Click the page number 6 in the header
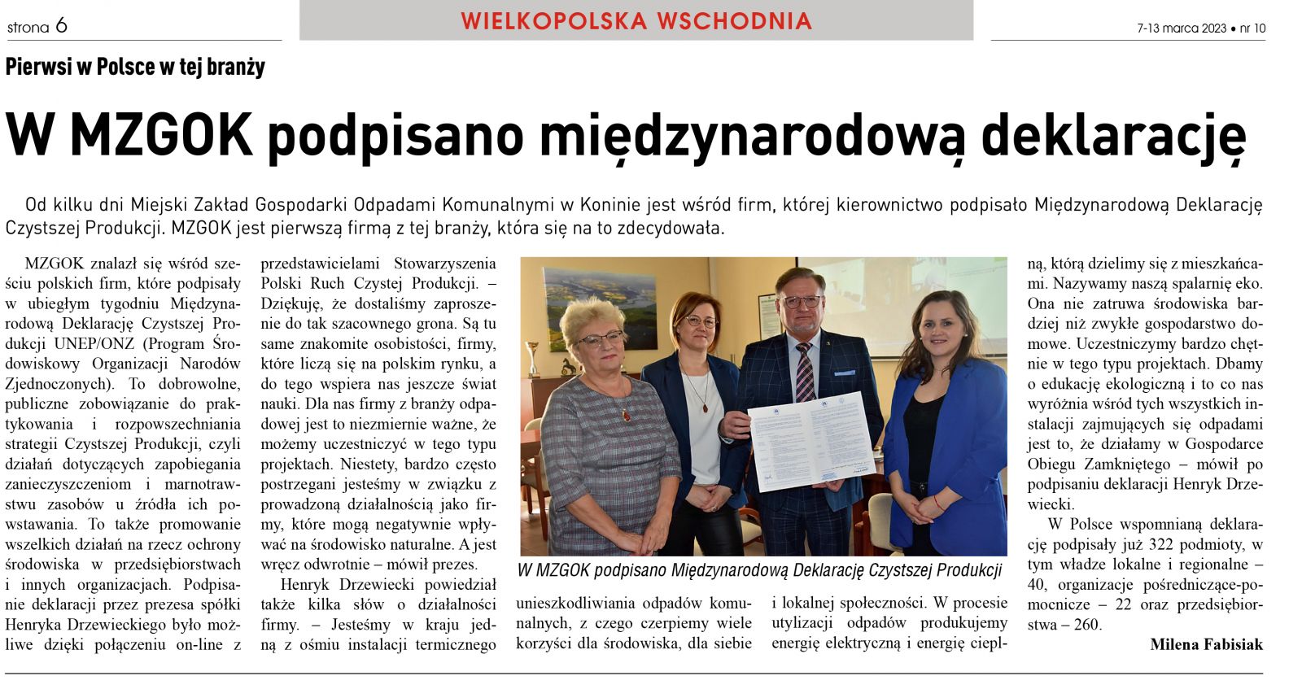tap(61, 26)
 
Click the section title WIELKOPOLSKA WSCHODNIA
tap(636, 21)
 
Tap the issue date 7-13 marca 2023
tap(1181, 28)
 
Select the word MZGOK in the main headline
tap(161, 135)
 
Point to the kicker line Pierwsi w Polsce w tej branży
tap(135, 67)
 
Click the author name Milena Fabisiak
tap(1206, 644)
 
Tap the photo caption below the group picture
tap(759, 570)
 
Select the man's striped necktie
tap(805, 372)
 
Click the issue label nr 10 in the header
tap(1252, 28)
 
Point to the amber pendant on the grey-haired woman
tap(626, 416)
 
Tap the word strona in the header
tap(28, 28)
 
